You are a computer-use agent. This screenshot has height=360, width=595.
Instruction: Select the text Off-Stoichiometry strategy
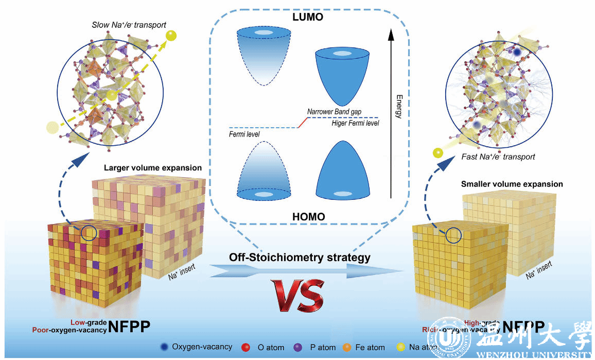[300, 257]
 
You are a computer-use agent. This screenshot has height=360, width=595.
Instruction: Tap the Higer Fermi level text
[355, 123]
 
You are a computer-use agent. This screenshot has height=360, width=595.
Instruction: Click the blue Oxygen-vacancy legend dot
[164, 347]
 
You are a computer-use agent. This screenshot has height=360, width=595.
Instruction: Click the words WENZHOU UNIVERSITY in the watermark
[535, 355]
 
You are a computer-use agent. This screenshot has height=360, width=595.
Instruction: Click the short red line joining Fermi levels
[302, 122]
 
